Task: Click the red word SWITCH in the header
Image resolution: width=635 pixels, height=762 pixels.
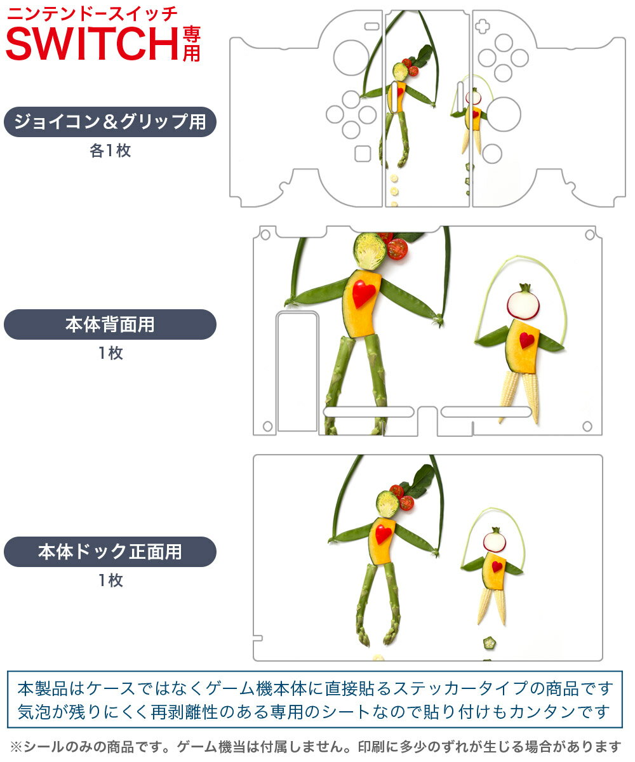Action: tap(92, 44)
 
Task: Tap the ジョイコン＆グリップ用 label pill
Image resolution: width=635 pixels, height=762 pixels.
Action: tap(110, 122)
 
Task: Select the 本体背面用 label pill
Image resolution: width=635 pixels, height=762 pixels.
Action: tap(110, 324)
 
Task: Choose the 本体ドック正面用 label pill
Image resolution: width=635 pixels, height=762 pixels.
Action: tap(110, 551)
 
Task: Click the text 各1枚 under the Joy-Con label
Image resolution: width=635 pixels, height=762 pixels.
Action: tap(110, 150)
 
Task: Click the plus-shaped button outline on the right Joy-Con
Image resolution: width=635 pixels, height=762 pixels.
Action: tap(482, 26)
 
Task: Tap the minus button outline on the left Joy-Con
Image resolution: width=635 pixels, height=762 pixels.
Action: tap(372, 26)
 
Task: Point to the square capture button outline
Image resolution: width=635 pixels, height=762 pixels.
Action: tap(363, 154)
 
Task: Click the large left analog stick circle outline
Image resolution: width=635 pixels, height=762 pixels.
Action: tap(351, 58)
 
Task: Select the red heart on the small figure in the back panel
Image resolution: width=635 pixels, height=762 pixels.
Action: tap(526, 340)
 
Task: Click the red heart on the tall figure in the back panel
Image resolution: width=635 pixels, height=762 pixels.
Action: tap(363, 293)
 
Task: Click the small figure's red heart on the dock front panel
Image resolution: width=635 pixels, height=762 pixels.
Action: tap(497, 566)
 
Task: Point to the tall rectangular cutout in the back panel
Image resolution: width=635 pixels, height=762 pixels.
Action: tap(297, 371)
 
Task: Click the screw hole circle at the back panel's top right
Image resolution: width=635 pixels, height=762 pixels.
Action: tap(590, 235)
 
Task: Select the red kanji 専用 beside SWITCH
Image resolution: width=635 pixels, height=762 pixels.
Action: tap(191, 44)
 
